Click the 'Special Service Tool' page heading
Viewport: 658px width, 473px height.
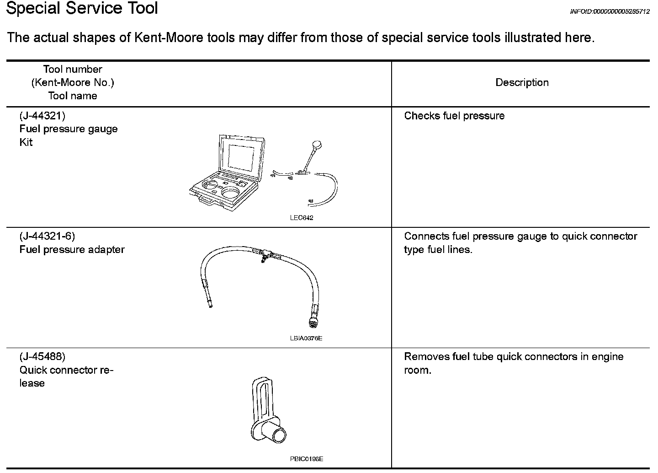[x=82, y=8]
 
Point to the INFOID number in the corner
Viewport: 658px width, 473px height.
[x=610, y=11]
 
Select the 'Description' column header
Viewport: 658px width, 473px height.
[x=522, y=83]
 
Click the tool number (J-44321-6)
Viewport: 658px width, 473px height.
[x=47, y=236]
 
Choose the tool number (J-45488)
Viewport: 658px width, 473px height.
[x=42, y=357]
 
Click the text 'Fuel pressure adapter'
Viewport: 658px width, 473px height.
[x=72, y=250]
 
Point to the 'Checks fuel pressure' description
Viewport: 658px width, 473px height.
[x=454, y=116]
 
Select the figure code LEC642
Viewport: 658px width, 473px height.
[x=302, y=218]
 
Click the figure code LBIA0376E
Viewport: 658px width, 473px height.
[x=306, y=339]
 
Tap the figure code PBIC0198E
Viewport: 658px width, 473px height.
[x=306, y=459]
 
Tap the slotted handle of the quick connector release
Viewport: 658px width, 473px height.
[x=261, y=398]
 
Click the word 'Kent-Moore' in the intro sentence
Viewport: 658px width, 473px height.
[x=168, y=38]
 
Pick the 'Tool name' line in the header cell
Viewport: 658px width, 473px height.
[x=73, y=96]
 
